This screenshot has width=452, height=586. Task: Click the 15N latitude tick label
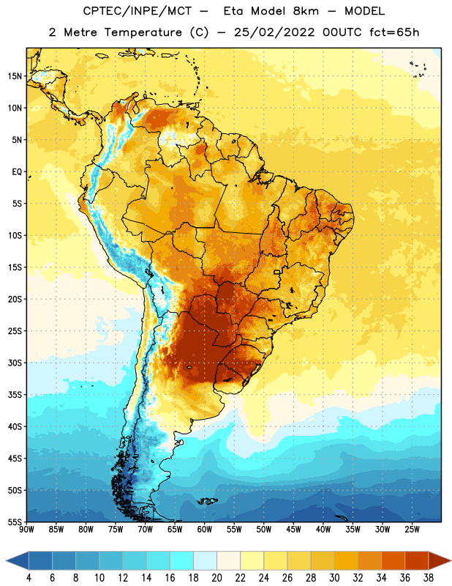coord(15,76)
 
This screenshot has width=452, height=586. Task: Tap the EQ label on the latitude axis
coord(17,172)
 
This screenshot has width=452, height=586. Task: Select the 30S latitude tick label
coord(15,363)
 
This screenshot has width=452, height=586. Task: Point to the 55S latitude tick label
coord(15,522)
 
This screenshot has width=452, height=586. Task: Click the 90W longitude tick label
coord(26,530)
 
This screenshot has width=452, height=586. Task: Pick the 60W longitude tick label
coord(205,530)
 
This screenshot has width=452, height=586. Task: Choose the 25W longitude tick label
coord(412,530)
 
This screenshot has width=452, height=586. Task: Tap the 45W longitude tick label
coord(293,530)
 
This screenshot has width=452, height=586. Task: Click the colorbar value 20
coord(216,578)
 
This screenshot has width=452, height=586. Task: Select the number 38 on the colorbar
coord(429,578)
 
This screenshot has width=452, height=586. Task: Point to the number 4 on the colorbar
coord(29,578)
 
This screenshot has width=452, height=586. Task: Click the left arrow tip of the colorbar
coord(6,561)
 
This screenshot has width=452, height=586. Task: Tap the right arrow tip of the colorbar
coord(451,561)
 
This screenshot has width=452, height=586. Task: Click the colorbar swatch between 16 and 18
coord(181,561)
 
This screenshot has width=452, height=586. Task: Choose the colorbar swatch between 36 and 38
coord(417,561)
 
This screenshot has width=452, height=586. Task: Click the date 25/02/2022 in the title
coord(274,32)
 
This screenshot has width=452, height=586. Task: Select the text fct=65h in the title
coord(394,32)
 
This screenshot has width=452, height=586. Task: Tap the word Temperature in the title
coord(143,32)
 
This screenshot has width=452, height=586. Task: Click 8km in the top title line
coord(306,11)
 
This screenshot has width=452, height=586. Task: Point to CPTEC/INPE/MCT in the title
coord(138,11)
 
